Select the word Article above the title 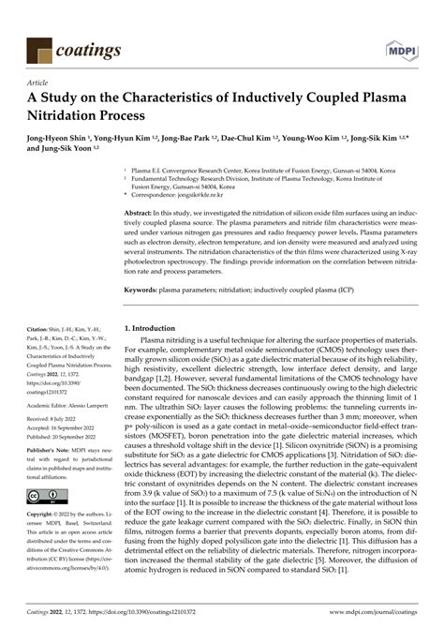(41, 82)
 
